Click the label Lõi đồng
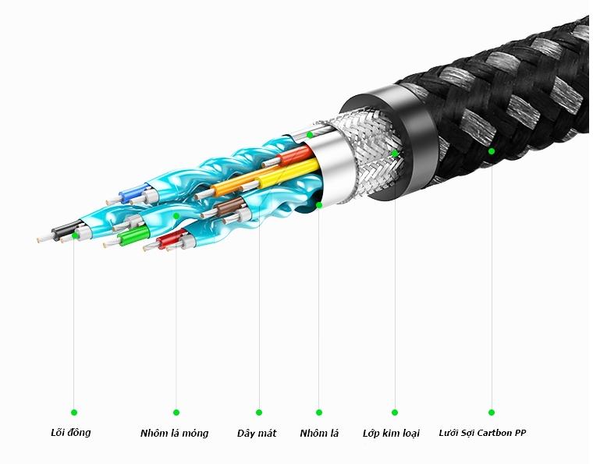71,432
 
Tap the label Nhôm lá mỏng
174,433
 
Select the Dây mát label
257,433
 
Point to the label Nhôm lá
319,433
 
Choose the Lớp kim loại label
391,433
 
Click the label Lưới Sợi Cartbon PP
482,433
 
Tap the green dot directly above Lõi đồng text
74,413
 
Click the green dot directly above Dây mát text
259,413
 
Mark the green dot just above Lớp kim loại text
395,413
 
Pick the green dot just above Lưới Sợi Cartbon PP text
492,413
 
